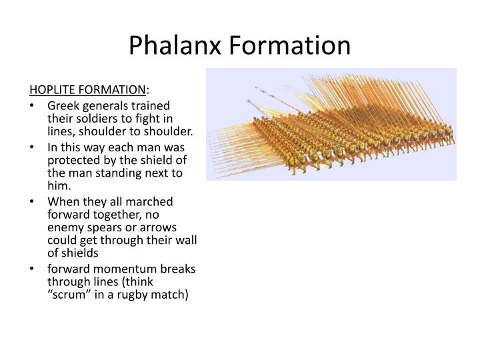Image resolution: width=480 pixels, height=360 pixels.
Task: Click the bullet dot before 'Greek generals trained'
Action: (x=33, y=106)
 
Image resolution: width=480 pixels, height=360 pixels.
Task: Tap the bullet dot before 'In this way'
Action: (x=33, y=147)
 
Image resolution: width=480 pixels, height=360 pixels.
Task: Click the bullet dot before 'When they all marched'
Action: (x=33, y=201)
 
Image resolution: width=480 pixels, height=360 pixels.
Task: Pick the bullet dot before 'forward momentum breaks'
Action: (x=33, y=268)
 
